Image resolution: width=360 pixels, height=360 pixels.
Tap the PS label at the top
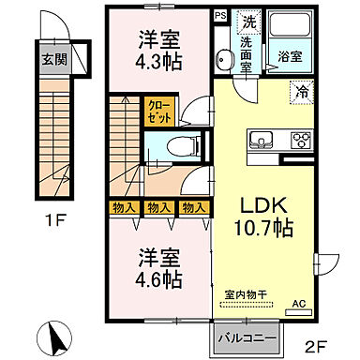(219, 15)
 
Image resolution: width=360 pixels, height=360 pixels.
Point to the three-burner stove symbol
(302, 142)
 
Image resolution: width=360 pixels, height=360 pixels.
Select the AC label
(299, 304)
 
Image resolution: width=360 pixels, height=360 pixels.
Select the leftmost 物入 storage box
(123, 208)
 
